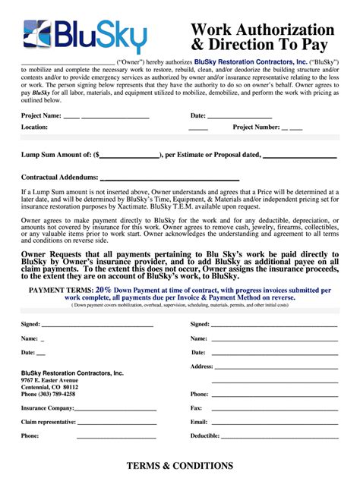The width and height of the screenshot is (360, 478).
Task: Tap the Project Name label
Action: pyautogui.click(x=41, y=115)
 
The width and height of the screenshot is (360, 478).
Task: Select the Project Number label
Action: pyautogui.click(x=256, y=127)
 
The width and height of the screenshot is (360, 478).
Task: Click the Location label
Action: pyautogui.click(x=34, y=127)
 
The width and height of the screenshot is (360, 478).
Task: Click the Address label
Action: pyautogui.click(x=201, y=366)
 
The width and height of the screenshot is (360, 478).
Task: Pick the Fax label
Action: pyautogui.click(x=196, y=407)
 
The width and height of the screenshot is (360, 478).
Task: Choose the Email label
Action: pyautogui.click(x=199, y=421)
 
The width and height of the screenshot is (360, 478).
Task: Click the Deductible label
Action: pyautogui.click(x=204, y=436)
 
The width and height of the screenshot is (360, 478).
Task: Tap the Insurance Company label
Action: pyautogui.click(x=48, y=407)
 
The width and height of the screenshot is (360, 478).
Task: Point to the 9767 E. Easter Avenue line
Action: pyautogui.click(x=49, y=380)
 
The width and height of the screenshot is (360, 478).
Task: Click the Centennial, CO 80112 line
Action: pyautogui.click(x=49, y=387)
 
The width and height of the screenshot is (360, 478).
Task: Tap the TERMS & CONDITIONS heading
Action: pyautogui.click(x=180, y=465)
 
